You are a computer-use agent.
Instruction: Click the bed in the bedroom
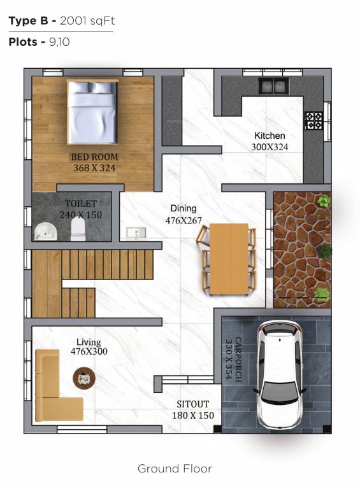93,112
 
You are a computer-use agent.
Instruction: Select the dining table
229,259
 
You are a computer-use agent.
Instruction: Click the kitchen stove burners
313,120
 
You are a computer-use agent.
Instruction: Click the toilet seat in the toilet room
78,230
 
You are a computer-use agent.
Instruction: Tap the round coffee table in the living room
83,378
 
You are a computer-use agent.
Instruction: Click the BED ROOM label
94,157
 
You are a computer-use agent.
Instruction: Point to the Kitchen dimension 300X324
270,146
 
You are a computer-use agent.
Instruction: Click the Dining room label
183,208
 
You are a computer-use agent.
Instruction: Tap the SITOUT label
192,404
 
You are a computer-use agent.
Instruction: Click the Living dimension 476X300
89,351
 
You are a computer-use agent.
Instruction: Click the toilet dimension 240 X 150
80,215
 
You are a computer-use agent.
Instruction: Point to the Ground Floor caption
175,469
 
